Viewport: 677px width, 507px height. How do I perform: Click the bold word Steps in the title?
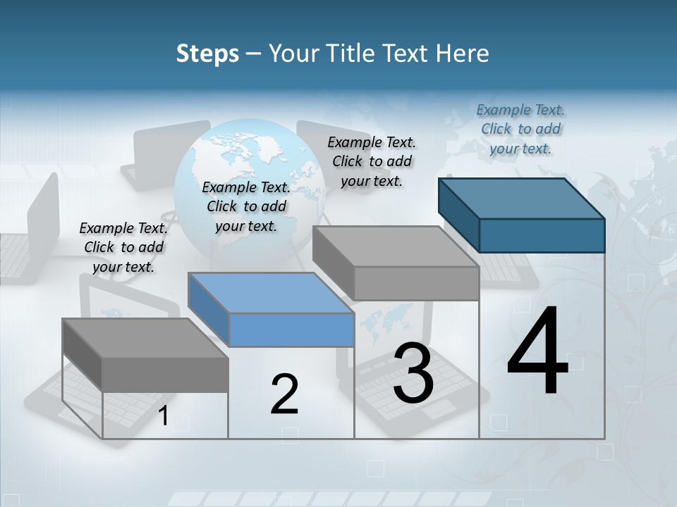[x=207, y=54]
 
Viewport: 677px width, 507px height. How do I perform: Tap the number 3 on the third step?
[x=413, y=373]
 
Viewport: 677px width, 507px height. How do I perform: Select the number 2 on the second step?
[x=284, y=394]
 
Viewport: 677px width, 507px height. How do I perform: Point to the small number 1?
[x=164, y=416]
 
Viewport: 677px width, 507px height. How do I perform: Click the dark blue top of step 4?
[x=522, y=199]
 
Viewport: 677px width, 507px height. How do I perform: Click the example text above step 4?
[x=520, y=129]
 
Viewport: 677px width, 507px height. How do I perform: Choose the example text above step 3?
[x=372, y=161]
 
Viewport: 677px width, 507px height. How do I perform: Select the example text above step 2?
[x=246, y=206]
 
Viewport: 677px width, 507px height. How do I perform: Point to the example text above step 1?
[x=123, y=247]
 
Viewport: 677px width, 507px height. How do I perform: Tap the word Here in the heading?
[x=462, y=54]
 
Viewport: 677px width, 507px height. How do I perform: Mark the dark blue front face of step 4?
[x=542, y=235]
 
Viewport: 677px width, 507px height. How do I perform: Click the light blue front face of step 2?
[x=292, y=330]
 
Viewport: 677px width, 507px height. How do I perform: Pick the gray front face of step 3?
[x=416, y=283]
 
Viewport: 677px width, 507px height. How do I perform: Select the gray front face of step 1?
[x=165, y=375]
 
